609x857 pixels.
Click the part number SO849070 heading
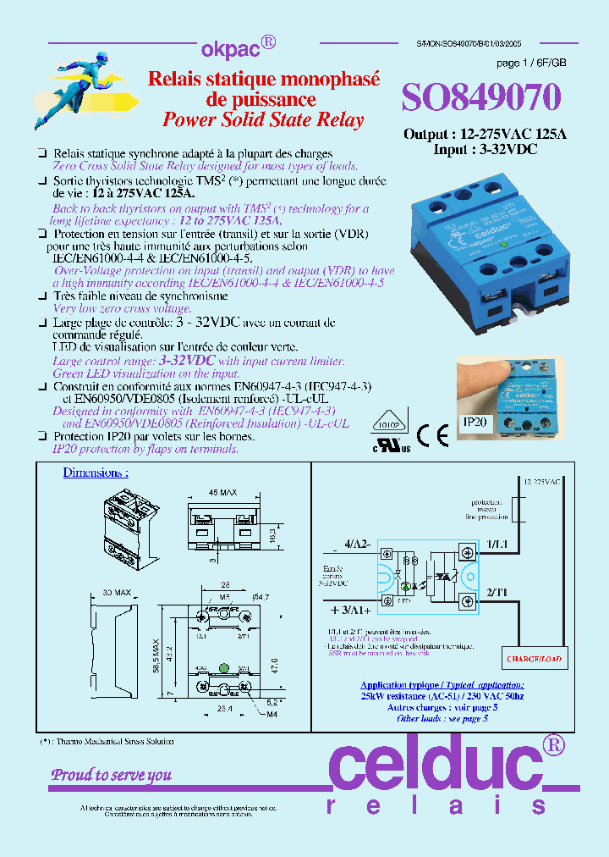[480, 99]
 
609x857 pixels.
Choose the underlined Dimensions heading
[96, 473]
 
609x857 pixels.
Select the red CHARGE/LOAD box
[535, 657]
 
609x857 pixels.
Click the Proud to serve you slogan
[111, 774]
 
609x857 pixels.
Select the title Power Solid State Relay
[262, 119]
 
